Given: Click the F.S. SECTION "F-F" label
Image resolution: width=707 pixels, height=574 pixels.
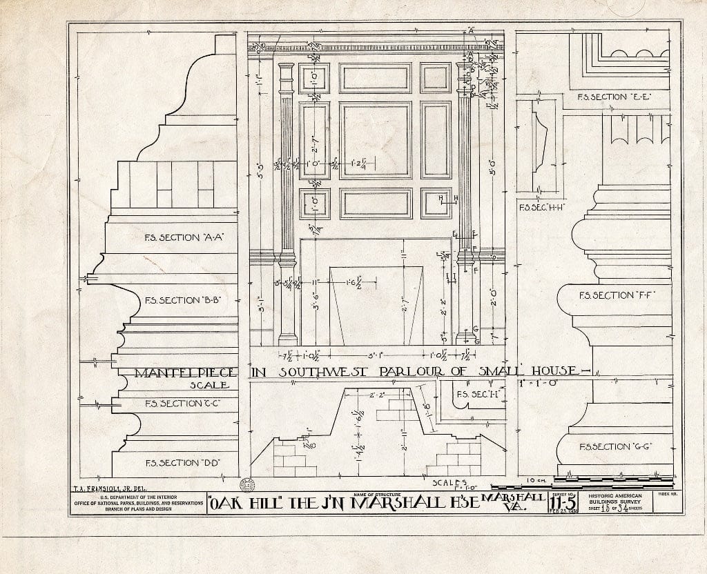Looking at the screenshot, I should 615,295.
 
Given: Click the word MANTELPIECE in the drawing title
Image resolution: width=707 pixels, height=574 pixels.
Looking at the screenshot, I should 186,373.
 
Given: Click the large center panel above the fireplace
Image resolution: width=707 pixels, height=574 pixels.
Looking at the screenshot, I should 376,140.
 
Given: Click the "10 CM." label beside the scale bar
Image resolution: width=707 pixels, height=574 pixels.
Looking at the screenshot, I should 536,479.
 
